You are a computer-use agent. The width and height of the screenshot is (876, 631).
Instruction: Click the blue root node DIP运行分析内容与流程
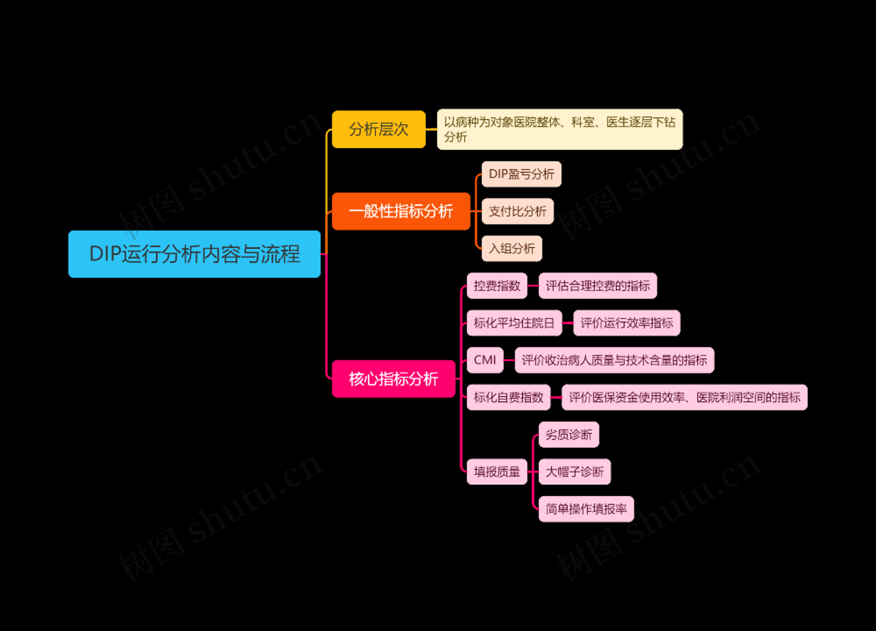click(x=194, y=254)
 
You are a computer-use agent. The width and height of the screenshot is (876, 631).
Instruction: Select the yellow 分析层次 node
click(x=378, y=129)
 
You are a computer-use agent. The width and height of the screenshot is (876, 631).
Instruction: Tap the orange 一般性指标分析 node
click(x=401, y=211)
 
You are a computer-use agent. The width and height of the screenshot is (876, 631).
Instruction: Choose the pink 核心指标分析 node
click(x=393, y=379)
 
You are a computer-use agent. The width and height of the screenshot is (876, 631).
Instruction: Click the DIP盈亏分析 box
click(x=521, y=174)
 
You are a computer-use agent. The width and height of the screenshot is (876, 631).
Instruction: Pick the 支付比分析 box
click(x=517, y=211)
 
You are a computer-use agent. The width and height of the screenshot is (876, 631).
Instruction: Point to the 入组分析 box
click(x=511, y=248)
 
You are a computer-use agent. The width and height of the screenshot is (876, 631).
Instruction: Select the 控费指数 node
click(x=497, y=286)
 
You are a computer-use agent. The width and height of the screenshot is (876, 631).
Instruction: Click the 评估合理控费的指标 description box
click(x=597, y=286)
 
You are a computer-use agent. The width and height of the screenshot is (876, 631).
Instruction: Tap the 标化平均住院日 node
click(x=514, y=323)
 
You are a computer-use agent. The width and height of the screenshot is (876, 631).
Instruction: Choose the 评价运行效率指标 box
click(x=627, y=323)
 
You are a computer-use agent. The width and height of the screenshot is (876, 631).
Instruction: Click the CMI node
click(x=485, y=360)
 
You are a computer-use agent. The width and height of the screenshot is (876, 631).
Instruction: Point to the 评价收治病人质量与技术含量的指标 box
click(x=614, y=360)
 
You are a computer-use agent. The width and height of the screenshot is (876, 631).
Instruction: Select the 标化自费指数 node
click(x=508, y=397)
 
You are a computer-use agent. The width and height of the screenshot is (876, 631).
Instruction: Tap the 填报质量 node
click(x=497, y=471)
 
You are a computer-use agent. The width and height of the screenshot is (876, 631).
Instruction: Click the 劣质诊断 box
click(x=569, y=434)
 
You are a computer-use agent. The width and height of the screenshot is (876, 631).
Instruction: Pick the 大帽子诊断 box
click(x=574, y=471)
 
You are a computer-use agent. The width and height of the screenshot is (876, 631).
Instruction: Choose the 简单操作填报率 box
click(x=586, y=508)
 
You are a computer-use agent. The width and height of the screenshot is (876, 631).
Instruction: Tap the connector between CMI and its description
click(x=509, y=360)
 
